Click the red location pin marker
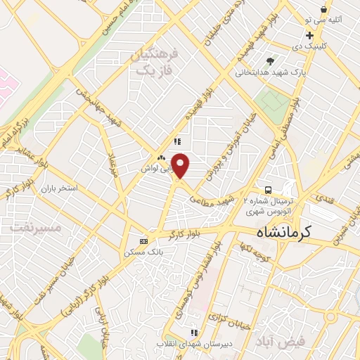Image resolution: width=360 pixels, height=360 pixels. pyautogui.click(x=181, y=165)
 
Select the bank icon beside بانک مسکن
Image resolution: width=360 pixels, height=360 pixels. pyautogui.click(x=144, y=240)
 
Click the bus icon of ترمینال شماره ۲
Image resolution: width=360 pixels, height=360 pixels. pyautogui.click(x=268, y=190)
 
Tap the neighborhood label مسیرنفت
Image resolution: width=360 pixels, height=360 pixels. pyautogui.click(x=32, y=229)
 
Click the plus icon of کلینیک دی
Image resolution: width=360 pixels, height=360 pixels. pyautogui.click(x=310, y=34)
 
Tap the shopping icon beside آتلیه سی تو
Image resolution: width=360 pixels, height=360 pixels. pyautogui.click(x=323, y=9)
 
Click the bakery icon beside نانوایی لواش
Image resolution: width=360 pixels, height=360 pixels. pyautogui.click(x=162, y=158)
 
